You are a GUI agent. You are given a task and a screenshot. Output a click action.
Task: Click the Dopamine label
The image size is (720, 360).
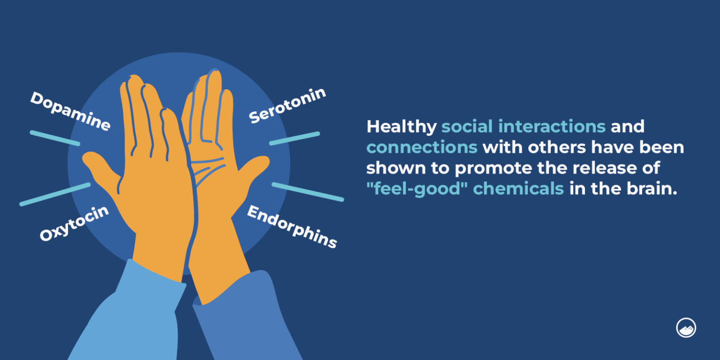[70, 111]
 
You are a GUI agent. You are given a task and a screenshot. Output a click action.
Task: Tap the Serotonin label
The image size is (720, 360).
[287, 105]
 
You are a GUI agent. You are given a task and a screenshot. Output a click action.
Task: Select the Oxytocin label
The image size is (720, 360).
[74, 223]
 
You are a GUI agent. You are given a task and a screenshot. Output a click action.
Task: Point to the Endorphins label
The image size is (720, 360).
[292, 227]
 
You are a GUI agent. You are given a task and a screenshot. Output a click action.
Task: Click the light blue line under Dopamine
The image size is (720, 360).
[55, 138]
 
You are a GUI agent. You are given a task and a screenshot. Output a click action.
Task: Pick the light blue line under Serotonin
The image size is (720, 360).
[294, 138]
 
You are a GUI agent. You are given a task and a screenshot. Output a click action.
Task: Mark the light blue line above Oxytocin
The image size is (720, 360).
[55, 194]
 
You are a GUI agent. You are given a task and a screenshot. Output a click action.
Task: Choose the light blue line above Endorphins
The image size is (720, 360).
[307, 192]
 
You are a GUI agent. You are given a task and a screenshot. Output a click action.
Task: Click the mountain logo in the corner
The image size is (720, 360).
[686, 328]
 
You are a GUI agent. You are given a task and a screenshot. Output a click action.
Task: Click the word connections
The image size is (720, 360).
[421, 147]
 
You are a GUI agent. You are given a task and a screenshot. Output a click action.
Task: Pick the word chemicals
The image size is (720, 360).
[518, 188]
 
